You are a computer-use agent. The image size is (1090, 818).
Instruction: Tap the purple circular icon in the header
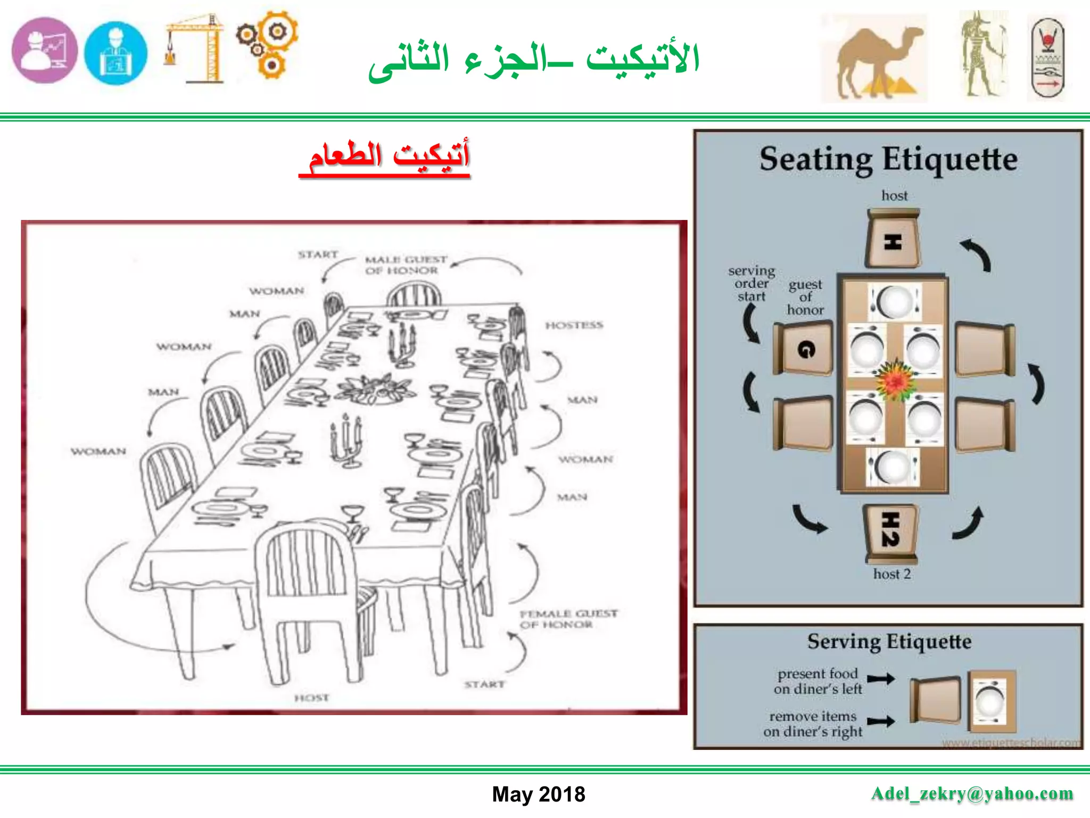tap(45, 51)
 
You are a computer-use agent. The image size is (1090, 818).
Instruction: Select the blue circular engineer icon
tap(115, 53)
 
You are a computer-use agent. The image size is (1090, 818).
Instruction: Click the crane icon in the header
tap(195, 49)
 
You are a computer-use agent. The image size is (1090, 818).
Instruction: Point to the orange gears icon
tap(267, 45)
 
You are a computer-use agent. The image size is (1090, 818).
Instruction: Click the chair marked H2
tap(891, 533)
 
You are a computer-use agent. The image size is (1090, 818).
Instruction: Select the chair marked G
tap(804, 349)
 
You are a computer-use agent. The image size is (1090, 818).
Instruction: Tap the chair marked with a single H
tap(893, 240)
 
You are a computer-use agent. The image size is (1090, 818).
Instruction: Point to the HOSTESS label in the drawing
tap(574, 325)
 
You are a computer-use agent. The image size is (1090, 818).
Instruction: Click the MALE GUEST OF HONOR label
tap(405, 265)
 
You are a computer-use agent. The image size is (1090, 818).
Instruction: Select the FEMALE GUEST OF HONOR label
tap(568, 619)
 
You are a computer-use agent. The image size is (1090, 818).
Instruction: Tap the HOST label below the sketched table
tap(312, 698)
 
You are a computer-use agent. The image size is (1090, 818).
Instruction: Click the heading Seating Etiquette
tap(888, 159)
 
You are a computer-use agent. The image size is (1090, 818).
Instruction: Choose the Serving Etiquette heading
tap(889, 642)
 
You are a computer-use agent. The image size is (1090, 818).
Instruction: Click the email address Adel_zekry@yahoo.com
tap(972, 794)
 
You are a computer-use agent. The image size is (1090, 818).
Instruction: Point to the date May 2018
tap(538, 794)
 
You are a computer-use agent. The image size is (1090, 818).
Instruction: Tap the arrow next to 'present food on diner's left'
tap(881, 678)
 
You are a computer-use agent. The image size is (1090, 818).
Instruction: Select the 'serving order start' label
tap(751, 283)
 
